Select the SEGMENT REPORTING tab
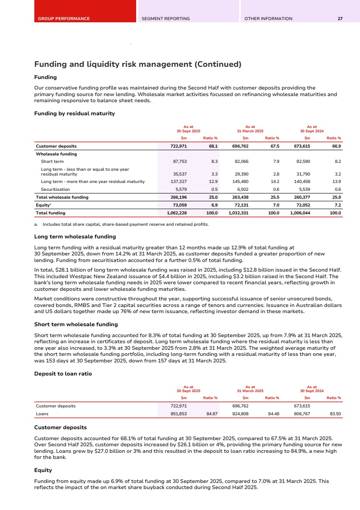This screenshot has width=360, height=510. click(165, 19)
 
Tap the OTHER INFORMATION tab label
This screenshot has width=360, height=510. click(268, 19)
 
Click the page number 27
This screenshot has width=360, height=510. click(340, 19)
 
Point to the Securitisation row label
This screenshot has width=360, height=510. click(55, 190)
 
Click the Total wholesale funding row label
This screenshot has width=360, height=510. click(62, 197)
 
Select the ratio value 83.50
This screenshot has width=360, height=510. click(335, 414)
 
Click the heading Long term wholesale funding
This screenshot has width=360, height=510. click(75, 237)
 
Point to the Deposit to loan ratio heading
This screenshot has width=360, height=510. click(63, 374)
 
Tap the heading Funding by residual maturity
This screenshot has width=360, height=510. click(74, 114)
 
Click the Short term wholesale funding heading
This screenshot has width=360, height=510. click(76, 324)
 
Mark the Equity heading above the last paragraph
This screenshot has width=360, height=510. click(43, 471)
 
